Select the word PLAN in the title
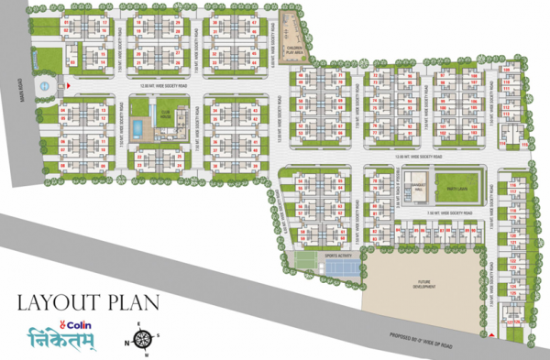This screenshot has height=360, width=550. (x=132, y=300)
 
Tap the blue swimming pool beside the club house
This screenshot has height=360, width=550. (x=137, y=127)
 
